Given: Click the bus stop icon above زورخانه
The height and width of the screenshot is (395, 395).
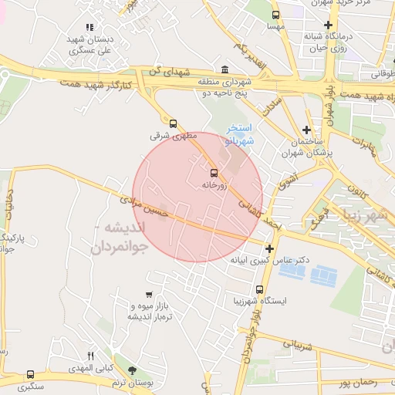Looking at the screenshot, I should (214, 172).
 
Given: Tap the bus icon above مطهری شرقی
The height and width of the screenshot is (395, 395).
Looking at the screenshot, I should (172, 122).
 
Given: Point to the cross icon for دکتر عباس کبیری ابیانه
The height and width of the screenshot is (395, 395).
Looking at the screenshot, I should (269, 248).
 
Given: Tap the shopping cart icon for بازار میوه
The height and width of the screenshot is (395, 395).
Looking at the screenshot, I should (149, 295).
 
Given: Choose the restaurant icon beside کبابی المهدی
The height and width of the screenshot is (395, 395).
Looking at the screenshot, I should (90, 356).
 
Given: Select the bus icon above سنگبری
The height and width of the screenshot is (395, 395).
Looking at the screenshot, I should (30, 374).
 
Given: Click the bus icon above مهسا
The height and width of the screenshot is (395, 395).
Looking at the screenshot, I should (276, 15).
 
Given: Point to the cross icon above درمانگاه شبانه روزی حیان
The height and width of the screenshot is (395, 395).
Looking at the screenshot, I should (328, 24).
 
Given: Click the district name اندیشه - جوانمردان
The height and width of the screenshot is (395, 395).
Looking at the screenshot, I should (120, 238).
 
